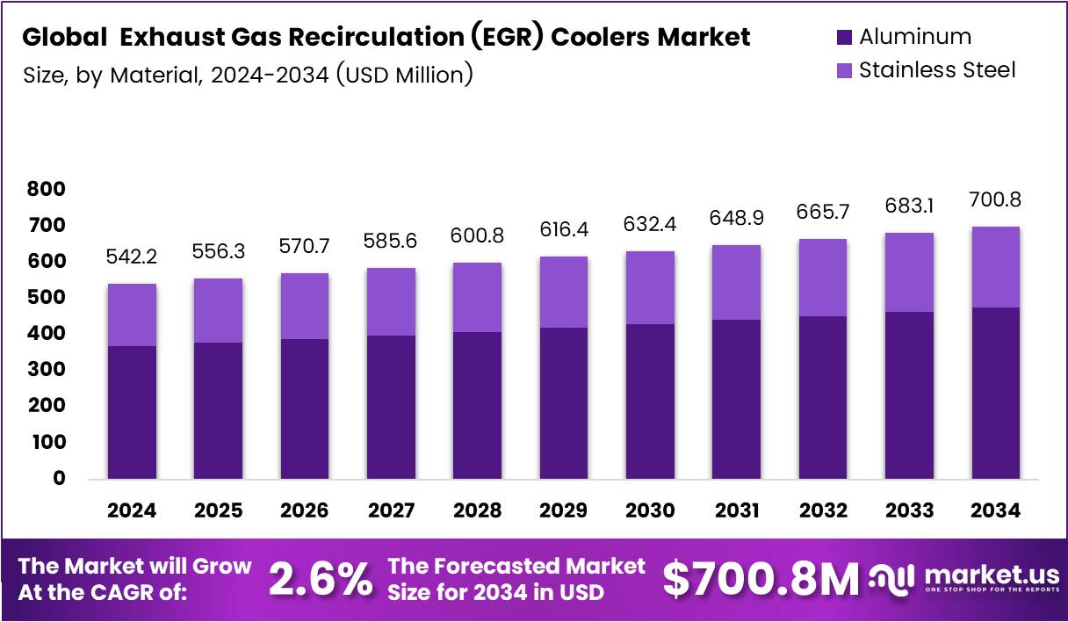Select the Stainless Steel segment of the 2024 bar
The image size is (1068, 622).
(132, 315)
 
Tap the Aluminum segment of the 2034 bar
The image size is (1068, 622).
(995, 393)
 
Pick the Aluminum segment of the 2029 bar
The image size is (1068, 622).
(563, 403)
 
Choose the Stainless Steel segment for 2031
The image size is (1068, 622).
(736, 282)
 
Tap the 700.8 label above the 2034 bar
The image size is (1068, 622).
(995, 200)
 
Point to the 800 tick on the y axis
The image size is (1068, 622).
(46, 189)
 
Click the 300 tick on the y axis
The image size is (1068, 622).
(46, 370)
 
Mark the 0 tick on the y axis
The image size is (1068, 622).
(59, 479)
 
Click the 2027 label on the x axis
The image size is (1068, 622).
(391, 510)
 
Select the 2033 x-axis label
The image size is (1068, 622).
(909, 510)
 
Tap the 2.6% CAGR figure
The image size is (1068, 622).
(320, 580)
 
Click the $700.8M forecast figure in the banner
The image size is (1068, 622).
(760, 580)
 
